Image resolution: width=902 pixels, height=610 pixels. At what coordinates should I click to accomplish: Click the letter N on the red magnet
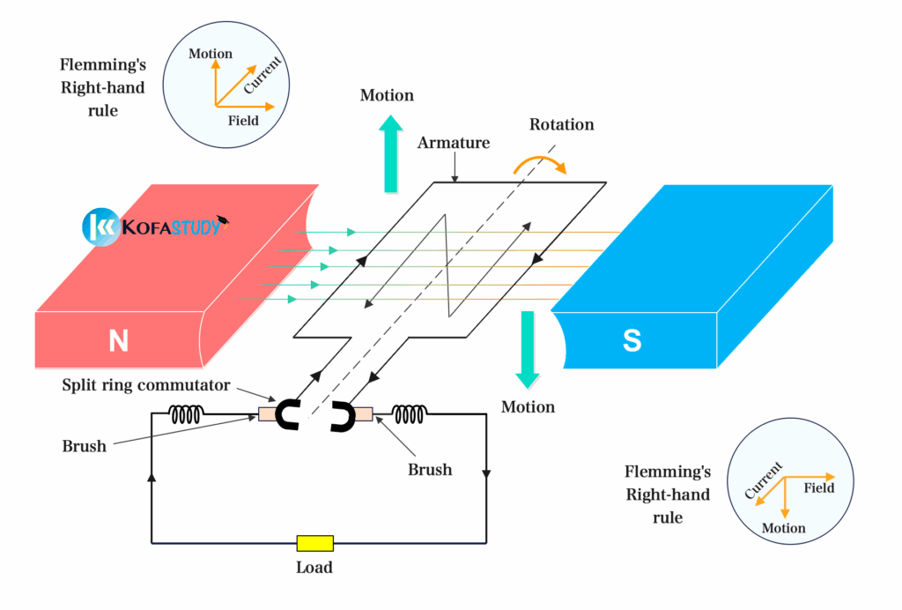(118, 341)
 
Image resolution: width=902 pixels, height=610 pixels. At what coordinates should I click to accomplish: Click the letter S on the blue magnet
(632, 341)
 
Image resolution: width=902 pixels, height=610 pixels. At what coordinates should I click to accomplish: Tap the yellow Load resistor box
(314, 543)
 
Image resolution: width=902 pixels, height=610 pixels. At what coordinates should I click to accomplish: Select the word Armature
(454, 143)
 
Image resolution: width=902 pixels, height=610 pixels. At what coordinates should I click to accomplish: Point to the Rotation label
(561, 124)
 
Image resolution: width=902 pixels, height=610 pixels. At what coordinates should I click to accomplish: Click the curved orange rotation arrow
(539, 164)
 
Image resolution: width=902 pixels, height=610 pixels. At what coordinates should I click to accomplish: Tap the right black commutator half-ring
(343, 416)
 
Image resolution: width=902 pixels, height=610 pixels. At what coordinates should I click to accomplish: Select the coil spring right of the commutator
(410, 413)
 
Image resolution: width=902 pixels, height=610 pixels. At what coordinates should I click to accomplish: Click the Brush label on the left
(85, 446)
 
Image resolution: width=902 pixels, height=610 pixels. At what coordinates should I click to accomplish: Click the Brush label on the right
(430, 470)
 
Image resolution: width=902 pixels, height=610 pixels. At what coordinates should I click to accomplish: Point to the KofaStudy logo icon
(100, 227)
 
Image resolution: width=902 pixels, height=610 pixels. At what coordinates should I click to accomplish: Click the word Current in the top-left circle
(263, 77)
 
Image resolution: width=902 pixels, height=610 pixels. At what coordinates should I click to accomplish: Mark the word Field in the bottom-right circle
(819, 487)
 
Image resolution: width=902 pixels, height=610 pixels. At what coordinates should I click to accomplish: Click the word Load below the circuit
(314, 568)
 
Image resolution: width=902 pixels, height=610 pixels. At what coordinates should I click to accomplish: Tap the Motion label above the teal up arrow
(387, 95)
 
